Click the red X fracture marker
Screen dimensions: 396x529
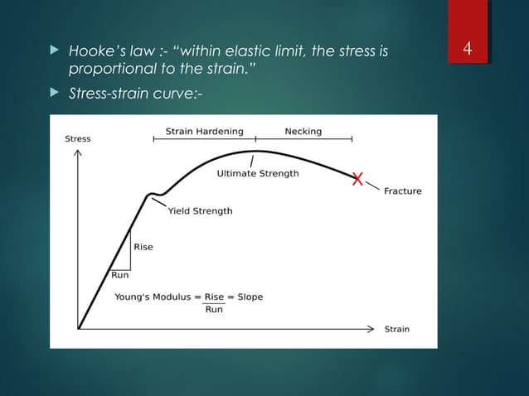(x=357, y=178)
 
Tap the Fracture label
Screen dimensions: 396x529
(x=402, y=191)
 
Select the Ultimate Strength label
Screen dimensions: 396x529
(x=258, y=174)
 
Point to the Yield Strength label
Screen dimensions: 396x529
(x=200, y=211)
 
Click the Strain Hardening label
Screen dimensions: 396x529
(x=205, y=131)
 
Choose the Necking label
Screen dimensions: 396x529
(x=303, y=131)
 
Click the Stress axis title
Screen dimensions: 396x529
(x=78, y=139)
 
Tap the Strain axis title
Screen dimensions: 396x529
(x=396, y=329)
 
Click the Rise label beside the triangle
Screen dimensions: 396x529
(x=143, y=247)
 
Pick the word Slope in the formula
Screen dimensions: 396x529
(x=248, y=297)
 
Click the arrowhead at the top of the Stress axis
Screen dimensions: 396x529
(x=78, y=155)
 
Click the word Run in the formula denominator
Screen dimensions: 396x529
(x=213, y=310)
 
